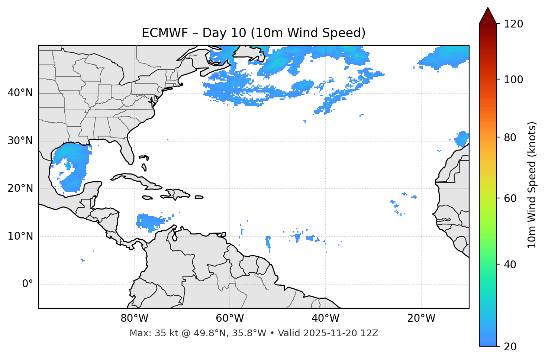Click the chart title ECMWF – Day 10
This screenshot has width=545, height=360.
tap(254, 33)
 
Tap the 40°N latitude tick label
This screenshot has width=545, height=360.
tap(20, 93)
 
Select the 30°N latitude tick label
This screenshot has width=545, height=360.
tap(20, 141)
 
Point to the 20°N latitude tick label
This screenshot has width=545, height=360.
tap(20, 188)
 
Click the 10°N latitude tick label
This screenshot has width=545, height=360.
tap(20, 236)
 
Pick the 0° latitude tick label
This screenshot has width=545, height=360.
tap(28, 284)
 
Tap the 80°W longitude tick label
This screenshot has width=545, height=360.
tap(134, 318)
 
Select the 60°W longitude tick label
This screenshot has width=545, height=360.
tap(230, 318)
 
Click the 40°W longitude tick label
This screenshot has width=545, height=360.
tap(325, 318)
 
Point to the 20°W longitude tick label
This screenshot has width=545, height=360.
tap(421, 318)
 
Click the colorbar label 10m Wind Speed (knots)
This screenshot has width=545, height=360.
tap(532, 185)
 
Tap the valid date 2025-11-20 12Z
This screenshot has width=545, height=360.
tap(341, 333)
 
